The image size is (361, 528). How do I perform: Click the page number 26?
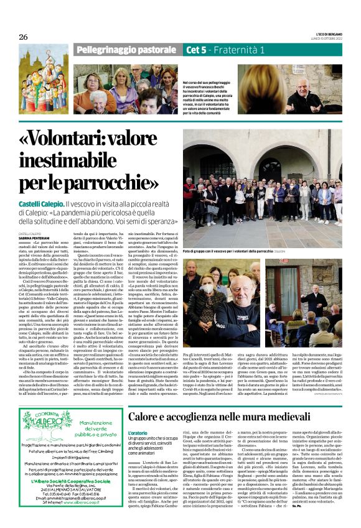click(x=24, y=37)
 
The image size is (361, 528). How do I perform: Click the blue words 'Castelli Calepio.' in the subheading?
click(x=45, y=204)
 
